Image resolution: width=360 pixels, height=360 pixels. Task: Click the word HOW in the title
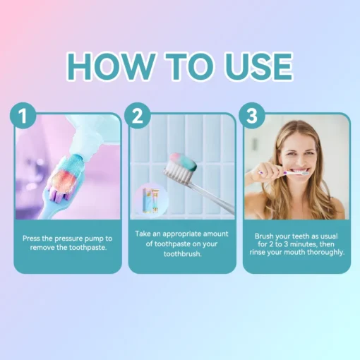(110, 66)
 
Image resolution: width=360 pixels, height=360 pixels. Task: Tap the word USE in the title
(260, 66)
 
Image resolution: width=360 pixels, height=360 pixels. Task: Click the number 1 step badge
(23, 115)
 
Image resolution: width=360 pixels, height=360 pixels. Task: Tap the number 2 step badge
(138, 115)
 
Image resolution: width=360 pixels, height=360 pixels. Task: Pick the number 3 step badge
(252, 115)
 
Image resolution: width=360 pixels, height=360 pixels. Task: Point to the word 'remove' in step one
(42, 248)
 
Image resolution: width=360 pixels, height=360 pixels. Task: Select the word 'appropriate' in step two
(182, 234)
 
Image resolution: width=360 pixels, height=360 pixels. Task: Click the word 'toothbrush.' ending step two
(183, 254)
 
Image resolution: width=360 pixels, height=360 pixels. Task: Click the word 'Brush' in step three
(264, 236)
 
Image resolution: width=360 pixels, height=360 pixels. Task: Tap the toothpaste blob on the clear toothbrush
(185, 161)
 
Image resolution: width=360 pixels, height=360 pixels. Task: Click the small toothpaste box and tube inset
(150, 200)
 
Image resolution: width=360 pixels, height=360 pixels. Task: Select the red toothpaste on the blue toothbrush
(63, 179)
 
